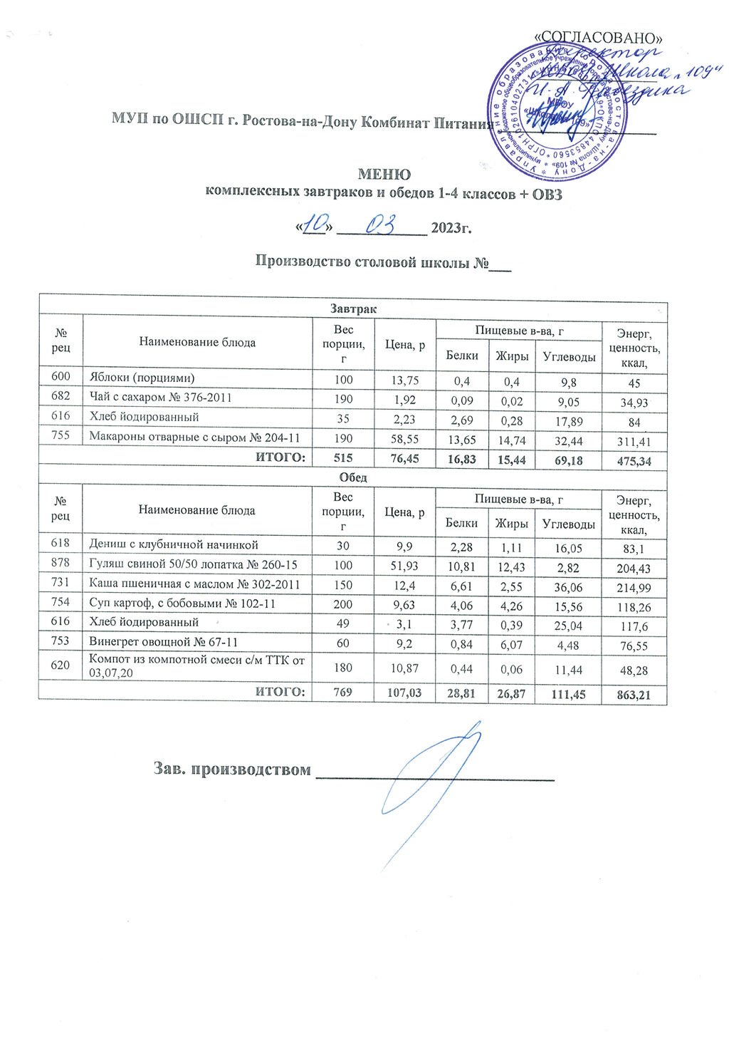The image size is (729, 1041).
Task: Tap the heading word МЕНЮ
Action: (x=384, y=175)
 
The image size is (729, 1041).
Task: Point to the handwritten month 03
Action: (x=380, y=226)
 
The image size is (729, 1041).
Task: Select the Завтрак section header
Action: (x=353, y=309)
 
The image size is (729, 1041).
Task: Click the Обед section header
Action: (x=353, y=477)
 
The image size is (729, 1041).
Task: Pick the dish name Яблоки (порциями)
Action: (x=141, y=378)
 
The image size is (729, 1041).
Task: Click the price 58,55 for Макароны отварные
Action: (x=404, y=440)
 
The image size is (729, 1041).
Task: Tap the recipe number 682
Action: (x=60, y=397)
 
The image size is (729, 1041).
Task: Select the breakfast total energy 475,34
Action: (x=634, y=461)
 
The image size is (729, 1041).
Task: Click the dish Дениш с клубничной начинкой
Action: (x=173, y=544)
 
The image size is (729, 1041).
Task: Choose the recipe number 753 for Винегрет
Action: (x=60, y=641)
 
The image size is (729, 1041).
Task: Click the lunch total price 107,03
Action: (x=404, y=693)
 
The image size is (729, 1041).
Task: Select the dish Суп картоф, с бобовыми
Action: (x=182, y=604)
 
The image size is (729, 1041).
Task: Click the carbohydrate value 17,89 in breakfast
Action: (x=567, y=422)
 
